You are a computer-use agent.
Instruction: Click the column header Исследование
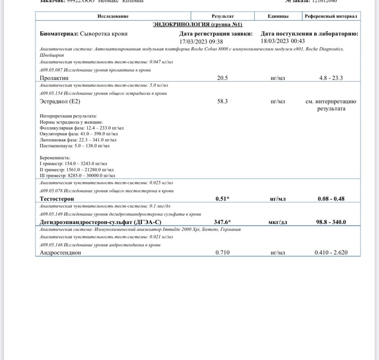tap(113, 16)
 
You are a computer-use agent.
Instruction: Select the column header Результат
tap(222, 16)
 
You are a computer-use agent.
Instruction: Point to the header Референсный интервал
tap(331, 16)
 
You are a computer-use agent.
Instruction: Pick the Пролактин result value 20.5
tap(222, 78)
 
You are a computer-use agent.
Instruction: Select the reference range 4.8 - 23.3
tap(331, 78)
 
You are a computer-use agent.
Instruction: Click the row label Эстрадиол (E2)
tap(60, 101)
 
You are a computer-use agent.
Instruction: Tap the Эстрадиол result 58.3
tap(222, 101)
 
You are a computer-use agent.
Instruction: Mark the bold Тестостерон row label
tap(57, 199)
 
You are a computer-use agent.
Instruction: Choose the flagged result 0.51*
tap(222, 199)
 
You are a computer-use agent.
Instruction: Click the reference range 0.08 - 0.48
tap(331, 199)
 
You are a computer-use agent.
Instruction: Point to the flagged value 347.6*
tap(222, 222)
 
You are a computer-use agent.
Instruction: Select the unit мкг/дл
tap(277, 222)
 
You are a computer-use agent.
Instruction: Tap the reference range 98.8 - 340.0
tap(331, 222)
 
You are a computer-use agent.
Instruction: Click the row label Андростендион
tap(60, 252)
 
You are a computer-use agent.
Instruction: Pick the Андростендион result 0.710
tap(222, 252)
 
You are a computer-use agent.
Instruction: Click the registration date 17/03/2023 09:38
tap(201, 41)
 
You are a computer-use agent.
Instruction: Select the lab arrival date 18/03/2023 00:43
tap(283, 41)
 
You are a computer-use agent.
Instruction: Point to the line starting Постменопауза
tap(74, 146)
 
